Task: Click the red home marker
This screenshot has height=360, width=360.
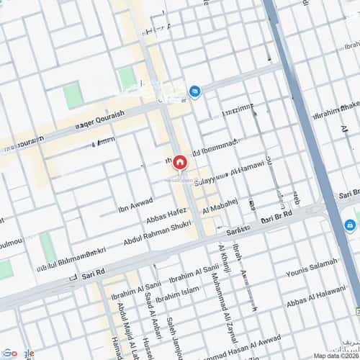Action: (x=179, y=163)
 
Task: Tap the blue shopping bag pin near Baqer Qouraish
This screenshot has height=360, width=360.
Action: (x=194, y=91)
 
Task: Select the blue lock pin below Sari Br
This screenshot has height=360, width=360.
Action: (x=349, y=225)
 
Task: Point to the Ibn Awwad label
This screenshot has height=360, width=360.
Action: (x=135, y=204)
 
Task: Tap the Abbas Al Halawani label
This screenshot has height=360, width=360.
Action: (x=317, y=296)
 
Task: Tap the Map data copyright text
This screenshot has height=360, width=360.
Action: (x=335, y=355)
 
